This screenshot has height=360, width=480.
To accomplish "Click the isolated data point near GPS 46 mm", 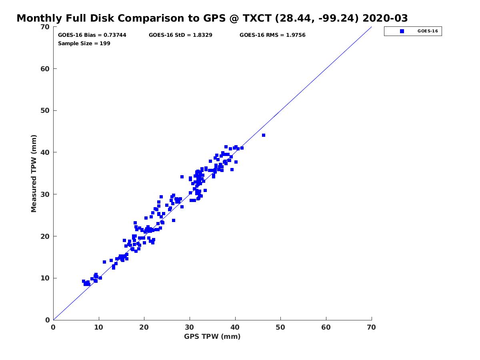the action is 264,135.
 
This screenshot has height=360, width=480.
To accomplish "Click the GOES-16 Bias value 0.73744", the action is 115,35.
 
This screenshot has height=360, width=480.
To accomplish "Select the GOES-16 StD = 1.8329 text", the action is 180,35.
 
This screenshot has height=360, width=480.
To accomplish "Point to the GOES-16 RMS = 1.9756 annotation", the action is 272,35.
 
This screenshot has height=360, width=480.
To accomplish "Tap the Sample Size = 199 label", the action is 84,43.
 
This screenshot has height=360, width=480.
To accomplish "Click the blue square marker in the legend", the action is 402,31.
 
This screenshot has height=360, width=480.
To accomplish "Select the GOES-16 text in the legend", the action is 428,31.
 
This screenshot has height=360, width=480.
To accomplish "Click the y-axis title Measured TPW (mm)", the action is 34,173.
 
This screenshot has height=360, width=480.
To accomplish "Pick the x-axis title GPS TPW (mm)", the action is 212,336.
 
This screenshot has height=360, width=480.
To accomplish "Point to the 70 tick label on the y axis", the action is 45,27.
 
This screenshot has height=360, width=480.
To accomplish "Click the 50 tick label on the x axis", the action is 280,327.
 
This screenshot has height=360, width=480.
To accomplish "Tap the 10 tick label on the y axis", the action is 45,278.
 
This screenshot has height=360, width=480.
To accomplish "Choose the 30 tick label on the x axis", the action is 189,327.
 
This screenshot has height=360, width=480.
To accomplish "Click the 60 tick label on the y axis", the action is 45,69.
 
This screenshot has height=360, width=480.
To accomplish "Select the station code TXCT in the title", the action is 257,18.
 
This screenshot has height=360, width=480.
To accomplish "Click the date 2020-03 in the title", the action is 385,18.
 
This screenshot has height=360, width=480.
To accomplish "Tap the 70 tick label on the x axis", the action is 371,327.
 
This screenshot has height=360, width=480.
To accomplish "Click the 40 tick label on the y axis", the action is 45,152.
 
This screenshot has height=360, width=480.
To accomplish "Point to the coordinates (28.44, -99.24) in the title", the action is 317,18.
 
